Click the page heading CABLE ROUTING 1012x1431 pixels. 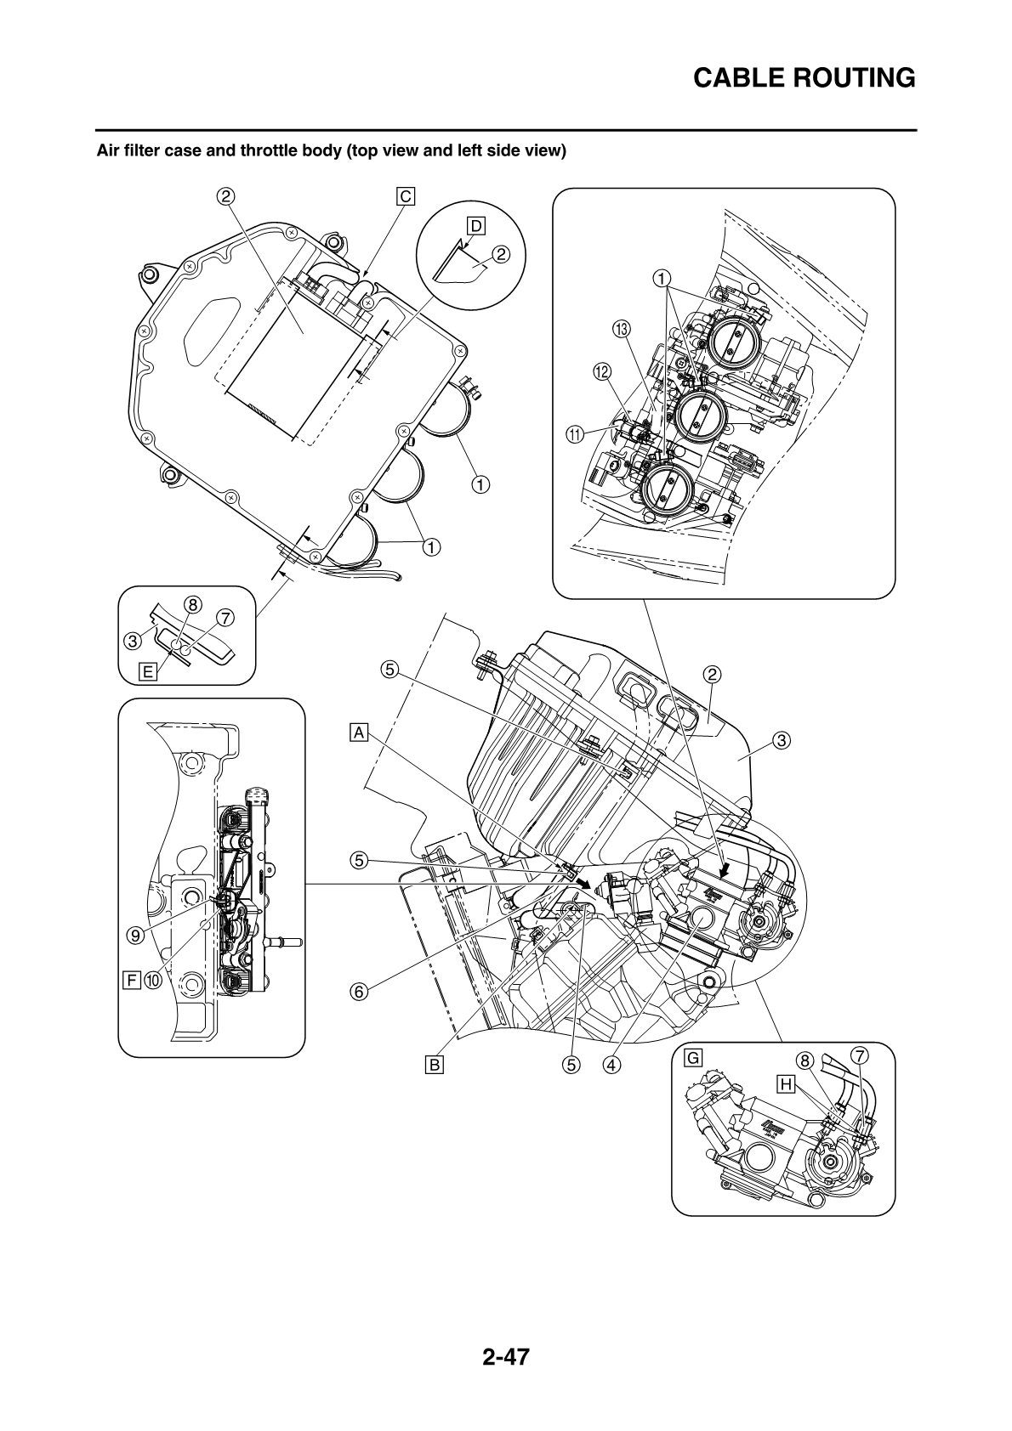(804, 78)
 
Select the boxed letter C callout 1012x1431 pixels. (406, 196)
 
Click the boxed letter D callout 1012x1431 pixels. (475, 225)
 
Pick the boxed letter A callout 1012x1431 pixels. (360, 732)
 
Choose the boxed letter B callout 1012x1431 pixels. (435, 1063)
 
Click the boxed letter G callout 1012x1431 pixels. (693, 1058)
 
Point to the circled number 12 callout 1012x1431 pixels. (602, 371)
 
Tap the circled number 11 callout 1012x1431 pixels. (576, 434)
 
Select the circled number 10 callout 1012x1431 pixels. (153, 981)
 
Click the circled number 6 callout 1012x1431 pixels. (359, 991)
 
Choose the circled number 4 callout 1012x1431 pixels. (609, 1063)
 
